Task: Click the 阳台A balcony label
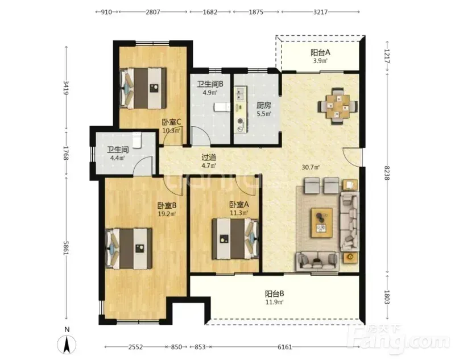click(320, 52)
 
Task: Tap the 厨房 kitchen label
click(263, 105)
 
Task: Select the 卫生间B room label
click(210, 84)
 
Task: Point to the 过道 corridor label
click(209, 157)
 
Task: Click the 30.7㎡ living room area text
click(311, 167)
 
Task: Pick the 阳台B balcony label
click(274, 294)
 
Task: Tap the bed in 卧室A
click(235, 238)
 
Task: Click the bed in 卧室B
click(129, 249)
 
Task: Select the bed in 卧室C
click(143, 88)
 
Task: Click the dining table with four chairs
click(337, 106)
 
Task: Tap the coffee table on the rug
click(321, 223)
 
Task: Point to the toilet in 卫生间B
click(222, 107)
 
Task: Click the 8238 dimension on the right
click(386, 173)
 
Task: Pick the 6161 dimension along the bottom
click(285, 347)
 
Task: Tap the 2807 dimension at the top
click(153, 12)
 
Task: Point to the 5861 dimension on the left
click(66, 248)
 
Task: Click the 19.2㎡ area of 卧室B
click(167, 214)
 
